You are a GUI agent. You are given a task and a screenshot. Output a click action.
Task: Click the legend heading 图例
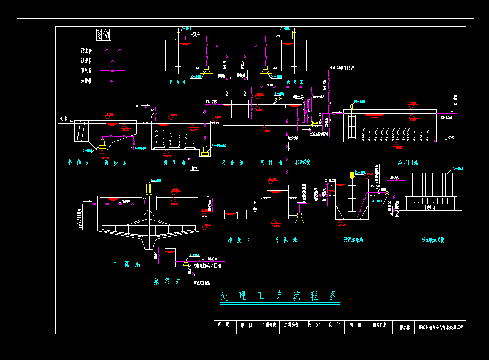click(x=103, y=34)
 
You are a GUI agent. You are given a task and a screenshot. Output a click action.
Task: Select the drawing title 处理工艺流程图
click(x=280, y=296)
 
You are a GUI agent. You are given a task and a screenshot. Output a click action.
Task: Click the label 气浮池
click(x=271, y=163)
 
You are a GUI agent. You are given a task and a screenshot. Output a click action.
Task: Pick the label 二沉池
click(x=127, y=264)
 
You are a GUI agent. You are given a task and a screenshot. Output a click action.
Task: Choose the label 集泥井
click(x=168, y=281)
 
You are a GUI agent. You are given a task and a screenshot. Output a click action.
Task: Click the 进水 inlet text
click(x=64, y=119)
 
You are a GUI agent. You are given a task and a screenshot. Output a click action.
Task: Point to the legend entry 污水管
click(x=86, y=51)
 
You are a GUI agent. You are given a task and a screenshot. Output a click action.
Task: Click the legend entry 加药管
click(x=86, y=81)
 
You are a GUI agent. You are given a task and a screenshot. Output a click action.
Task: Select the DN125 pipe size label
click(x=210, y=102)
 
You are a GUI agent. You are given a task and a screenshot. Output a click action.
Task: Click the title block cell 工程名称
click(x=403, y=327)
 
